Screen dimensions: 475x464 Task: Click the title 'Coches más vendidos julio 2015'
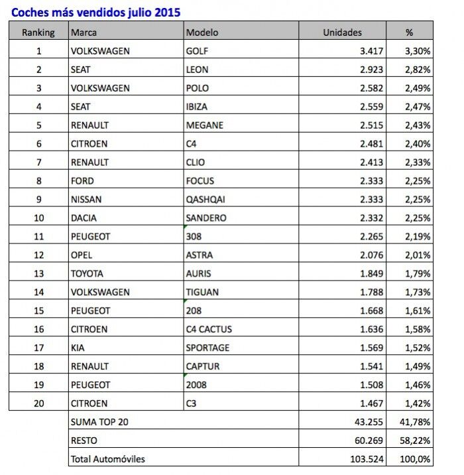(96, 12)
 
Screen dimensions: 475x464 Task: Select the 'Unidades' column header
(342, 32)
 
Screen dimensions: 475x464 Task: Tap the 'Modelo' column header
(202, 32)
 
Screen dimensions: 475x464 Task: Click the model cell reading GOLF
(198, 50)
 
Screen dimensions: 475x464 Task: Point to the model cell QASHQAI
(206, 199)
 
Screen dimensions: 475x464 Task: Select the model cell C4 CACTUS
(209, 329)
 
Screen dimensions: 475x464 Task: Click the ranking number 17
(38, 348)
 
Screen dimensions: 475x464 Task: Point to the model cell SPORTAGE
(208, 348)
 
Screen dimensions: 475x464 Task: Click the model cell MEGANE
(205, 125)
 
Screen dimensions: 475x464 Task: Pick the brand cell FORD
(82, 180)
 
